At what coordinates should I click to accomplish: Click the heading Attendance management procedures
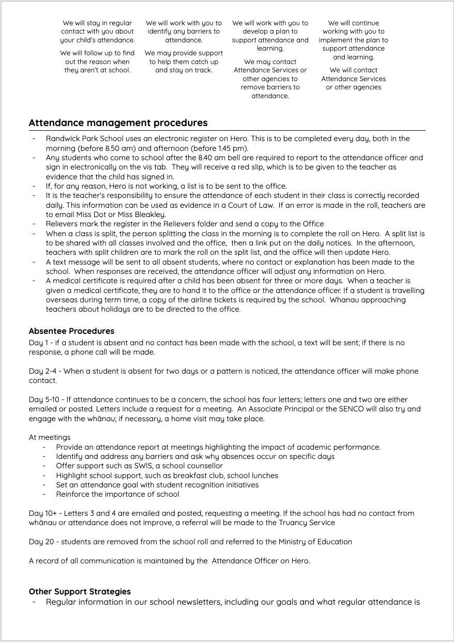[x=118, y=123]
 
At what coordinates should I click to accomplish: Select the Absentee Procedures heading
[x=71, y=331]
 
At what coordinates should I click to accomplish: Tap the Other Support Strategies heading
[x=80, y=591]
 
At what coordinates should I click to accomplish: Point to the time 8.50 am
[x=114, y=148]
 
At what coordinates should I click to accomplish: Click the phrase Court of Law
[x=266, y=205]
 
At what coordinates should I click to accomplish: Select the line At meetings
[x=50, y=437]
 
